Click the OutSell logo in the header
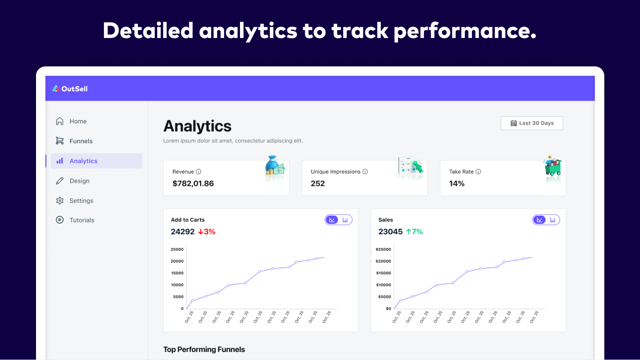pyautogui.click(x=70, y=88)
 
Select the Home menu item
pyautogui.click(x=78, y=121)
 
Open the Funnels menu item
pyautogui.click(x=81, y=141)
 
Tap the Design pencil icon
pyautogui.click(x=60, y=181)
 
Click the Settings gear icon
pyautogui.click(x=60, y=201)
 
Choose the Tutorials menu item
pyautogui.click(x=82, y=220)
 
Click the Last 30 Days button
pyautogui.click(x=532, y=123)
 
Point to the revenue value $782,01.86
pyautogui.click(x=193, y=184)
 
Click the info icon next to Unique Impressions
pyautogui.click(x=365, y=172)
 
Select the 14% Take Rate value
pyautogui.click(x=456, y=184)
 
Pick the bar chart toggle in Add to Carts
pyautogui.click(x=345, y=220)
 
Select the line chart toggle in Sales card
pyautogui.click(x=539, y=220)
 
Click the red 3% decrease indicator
pyautogui.click(x=207, y=232)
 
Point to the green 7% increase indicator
pyautogui.click(x=414, y=232)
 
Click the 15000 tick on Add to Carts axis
pyautogui.click(x=177, y=273)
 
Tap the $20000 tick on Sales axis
pyautogui.click(x=383, y=261)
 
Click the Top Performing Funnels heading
pyautogui.click(x=204, y=349)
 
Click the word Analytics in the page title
pyautogui.click(x=197, y=126)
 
